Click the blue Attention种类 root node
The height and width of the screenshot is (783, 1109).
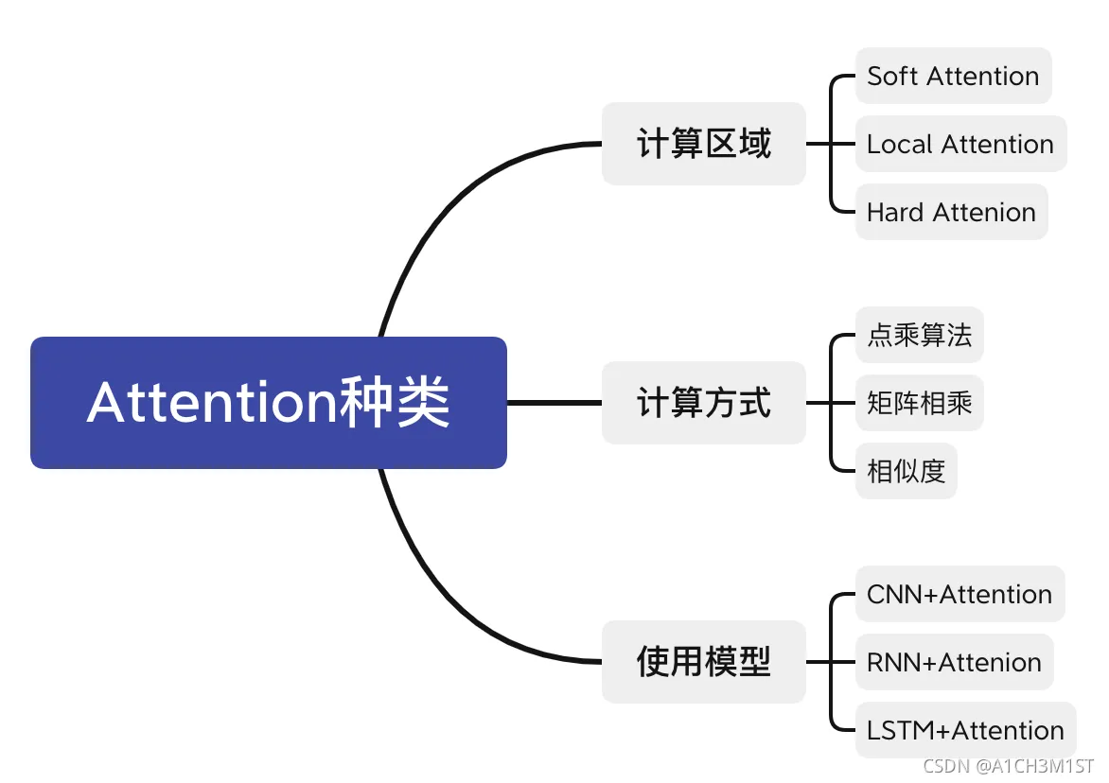(269, 403)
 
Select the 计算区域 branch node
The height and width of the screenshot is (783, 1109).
(704, 144)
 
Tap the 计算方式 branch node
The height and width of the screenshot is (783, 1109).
(704, 403)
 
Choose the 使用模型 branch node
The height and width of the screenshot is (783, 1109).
(704, 661)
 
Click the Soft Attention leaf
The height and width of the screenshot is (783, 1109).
(953, 76)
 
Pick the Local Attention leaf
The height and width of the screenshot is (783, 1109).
(960, 144)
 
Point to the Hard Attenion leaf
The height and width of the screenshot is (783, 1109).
(951, 212)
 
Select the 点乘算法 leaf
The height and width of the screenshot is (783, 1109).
(919, 335)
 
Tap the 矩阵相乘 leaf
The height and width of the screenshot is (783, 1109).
(919, 403)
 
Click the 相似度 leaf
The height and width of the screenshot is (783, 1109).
(906, 471)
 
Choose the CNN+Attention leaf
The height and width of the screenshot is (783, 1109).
(959, 594)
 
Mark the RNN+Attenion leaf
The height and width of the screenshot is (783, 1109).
(954, 662)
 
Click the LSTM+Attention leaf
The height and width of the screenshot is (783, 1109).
(965, 730)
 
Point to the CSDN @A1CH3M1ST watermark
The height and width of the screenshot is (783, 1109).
(1009, 765)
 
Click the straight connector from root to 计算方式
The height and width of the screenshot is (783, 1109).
(554, 403)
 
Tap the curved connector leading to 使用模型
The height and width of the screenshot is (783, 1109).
(445, 600)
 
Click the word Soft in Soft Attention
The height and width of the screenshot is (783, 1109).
(892, 76)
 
